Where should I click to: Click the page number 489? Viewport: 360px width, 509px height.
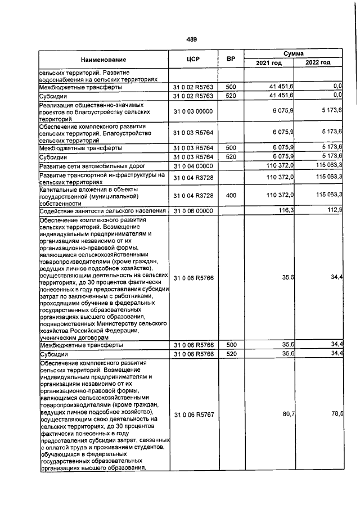[191, 39]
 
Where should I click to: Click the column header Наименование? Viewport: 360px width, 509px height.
[103, 59]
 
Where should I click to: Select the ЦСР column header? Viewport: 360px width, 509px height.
[193, 59]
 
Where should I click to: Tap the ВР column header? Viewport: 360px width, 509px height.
[231, 59]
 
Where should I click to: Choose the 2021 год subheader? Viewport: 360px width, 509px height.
[269, 63]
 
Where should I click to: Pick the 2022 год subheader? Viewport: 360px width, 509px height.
[318, 63]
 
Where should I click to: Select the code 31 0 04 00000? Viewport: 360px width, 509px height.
[193, 166]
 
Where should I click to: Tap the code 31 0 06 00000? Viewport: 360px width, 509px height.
[193, 210]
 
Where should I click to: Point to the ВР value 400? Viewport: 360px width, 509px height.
[231, 195]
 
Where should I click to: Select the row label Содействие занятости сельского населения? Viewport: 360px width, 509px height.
[102, 211]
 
